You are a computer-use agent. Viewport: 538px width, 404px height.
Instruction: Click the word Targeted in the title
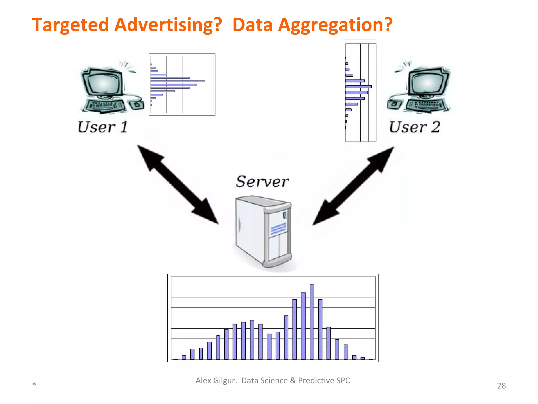tap(70, 25)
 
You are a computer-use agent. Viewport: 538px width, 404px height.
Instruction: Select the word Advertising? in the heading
tap(168, 25)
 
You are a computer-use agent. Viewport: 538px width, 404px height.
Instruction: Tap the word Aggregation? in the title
tap(335, 25)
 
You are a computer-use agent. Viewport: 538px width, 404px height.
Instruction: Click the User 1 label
tap(102, 127)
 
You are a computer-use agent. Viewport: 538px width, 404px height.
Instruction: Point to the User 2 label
tap(414, 127)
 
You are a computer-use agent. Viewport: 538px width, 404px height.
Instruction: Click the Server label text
tap(262, 181)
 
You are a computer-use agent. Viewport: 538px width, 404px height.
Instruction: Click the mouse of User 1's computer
tap(137, 105)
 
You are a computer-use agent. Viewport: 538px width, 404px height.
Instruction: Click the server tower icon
tap(263, 231)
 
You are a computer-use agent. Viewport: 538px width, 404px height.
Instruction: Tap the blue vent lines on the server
tap(278, 228)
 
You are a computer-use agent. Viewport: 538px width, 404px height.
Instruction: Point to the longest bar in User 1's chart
tap(178, 81)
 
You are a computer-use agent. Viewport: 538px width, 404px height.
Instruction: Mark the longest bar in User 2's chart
tap(358, 87)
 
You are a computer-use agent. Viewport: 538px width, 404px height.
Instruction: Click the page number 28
tap(501, 386)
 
